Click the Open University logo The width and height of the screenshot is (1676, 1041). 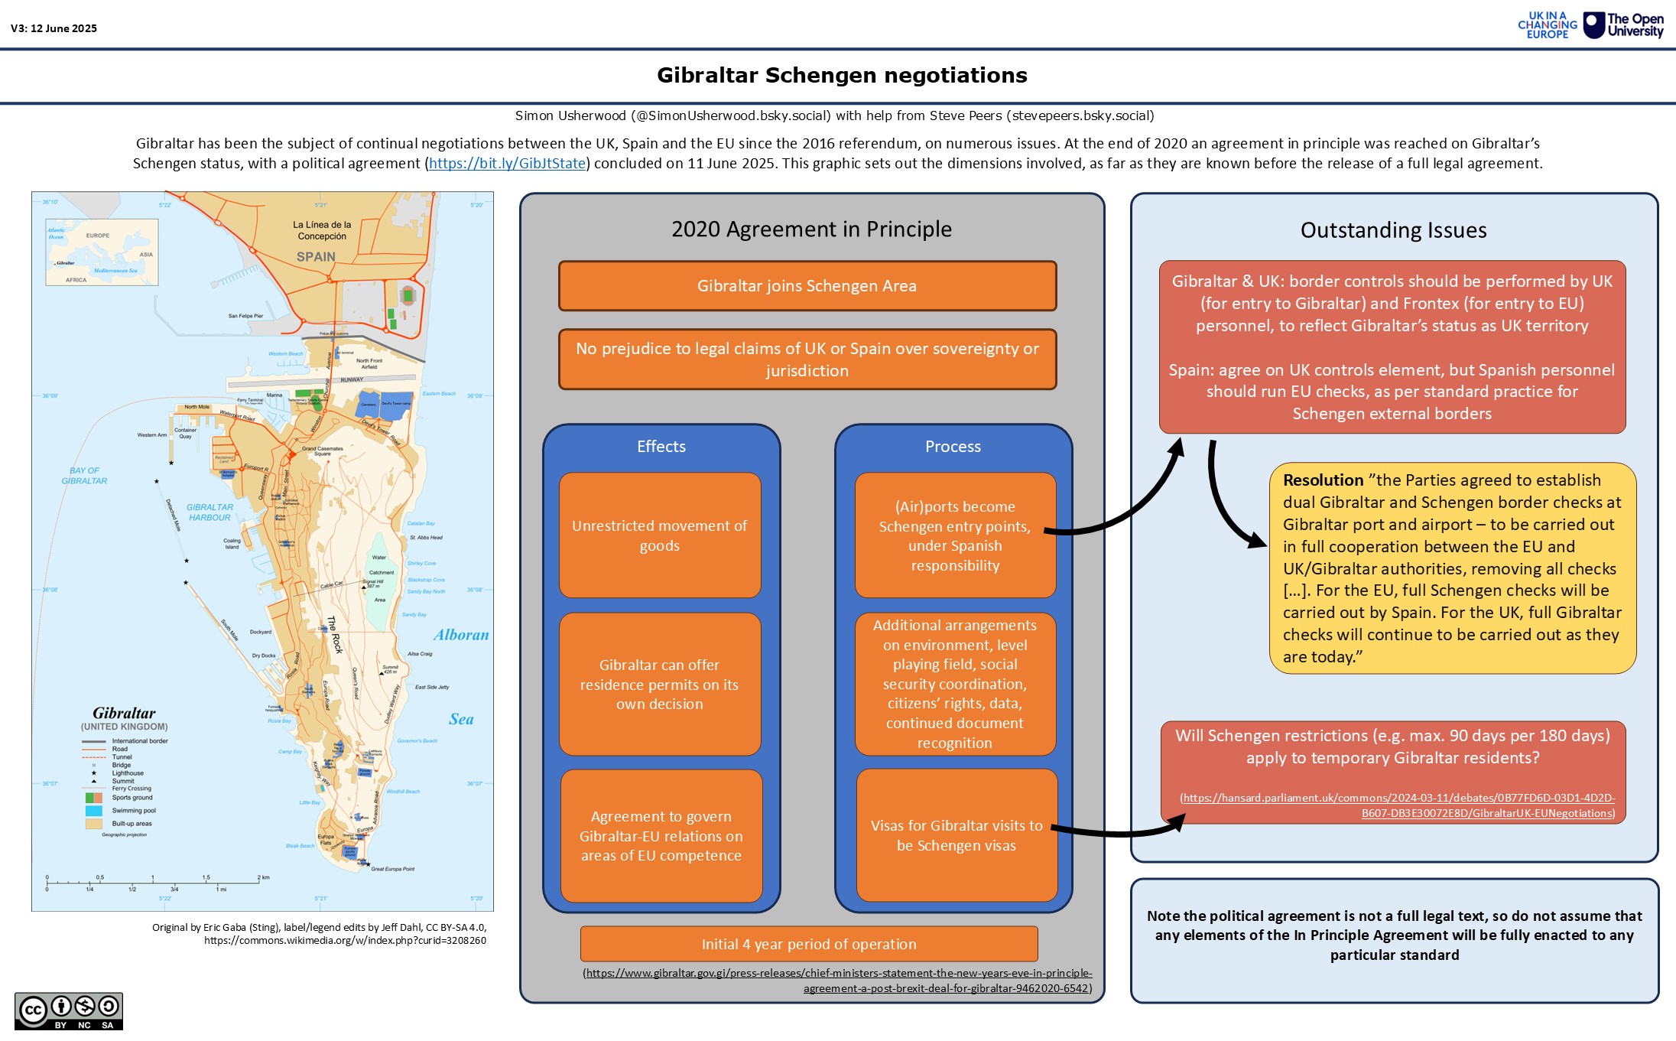(x=1623, y=25)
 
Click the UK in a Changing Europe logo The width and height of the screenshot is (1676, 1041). (x=1548, y=25)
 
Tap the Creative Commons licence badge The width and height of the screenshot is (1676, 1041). (x=69, y=1011)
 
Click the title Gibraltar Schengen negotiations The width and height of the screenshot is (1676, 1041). (x=842, y=75)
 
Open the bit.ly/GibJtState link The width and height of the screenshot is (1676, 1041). (x=507, y=163)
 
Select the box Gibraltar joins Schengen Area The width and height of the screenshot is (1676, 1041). (x=807, y=286)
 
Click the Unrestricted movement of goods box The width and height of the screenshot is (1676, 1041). (x=660, y=535)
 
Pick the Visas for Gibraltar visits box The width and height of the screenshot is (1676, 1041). (x=957, y=835)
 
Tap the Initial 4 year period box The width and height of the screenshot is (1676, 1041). (x=809, y=944)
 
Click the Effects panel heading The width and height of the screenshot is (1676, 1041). (x=661, y=447)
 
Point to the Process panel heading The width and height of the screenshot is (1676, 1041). (x=953, y=447)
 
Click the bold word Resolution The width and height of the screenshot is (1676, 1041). (x=1323, y=480)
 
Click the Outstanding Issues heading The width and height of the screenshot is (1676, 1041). (x=1393, y=230)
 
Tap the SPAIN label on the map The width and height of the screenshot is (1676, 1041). (x=316, y=257)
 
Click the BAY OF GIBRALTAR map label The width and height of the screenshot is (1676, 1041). (x=84, y=476)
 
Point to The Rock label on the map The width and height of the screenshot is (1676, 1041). (x=335, y=635)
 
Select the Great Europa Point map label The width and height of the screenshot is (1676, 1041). (x=392, y=869)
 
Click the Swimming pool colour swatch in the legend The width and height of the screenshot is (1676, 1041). (x=94, y=811)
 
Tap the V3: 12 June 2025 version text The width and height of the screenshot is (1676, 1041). (x=54, y=28)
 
